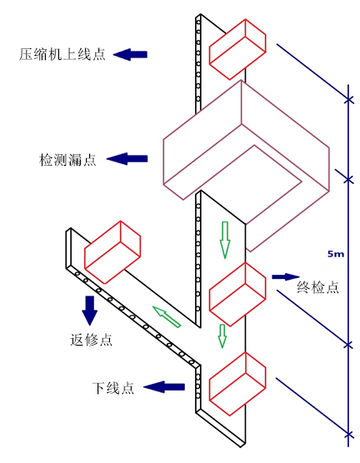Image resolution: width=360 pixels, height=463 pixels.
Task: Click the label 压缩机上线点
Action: tap(62, 54)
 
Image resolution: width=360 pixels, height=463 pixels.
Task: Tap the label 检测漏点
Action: tap(67, 160)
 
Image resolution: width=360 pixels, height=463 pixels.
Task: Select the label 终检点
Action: tap(317, 287)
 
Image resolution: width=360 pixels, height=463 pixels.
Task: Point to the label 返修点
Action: tap(92, 340)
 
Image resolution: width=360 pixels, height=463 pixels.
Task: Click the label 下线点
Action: tap(113, 388)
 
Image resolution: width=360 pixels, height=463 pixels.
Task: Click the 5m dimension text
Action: tap(336, 254)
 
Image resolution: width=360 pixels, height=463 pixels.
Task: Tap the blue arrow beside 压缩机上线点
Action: tap(130, 55)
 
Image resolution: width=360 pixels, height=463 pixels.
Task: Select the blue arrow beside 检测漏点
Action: tap(127, 159)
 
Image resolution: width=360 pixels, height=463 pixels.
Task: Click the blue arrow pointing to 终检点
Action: tap(286, 276)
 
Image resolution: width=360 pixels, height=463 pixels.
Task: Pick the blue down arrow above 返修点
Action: tap(89, 311)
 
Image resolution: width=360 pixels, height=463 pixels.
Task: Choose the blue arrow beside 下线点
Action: tap(164, 387)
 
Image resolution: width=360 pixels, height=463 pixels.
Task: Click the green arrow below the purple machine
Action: tap(225, 240)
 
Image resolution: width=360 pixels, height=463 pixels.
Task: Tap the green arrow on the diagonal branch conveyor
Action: tap(167, 316)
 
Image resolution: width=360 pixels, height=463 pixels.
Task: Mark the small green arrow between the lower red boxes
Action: tap(222, 336)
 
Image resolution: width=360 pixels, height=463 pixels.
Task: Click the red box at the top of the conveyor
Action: tap(237, 49)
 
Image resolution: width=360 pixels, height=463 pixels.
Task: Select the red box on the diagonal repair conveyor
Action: tap(112, 251)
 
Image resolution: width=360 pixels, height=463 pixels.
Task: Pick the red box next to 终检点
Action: tap(237, 294)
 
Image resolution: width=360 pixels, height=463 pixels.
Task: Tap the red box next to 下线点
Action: tap(237, 384)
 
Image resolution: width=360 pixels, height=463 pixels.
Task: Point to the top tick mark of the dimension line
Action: tap(349, 100)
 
